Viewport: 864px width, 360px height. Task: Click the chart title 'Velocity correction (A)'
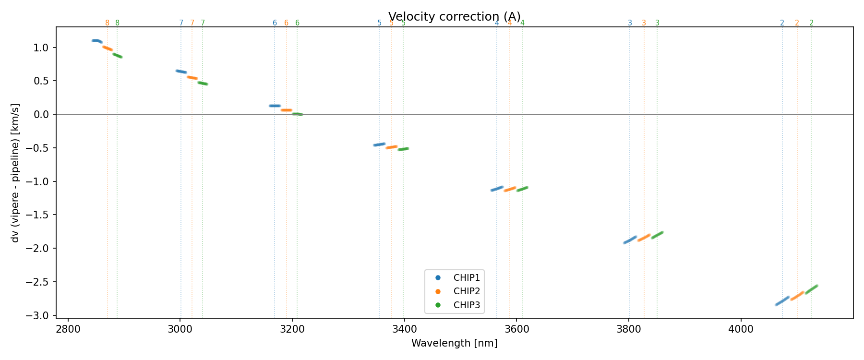pos(454,17)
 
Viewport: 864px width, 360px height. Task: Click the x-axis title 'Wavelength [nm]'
pos(454,343)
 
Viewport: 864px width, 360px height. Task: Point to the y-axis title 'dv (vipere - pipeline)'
pos(15,173)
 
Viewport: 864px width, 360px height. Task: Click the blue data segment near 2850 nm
pos(96,41)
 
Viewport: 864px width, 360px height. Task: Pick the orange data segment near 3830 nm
pos(644,237)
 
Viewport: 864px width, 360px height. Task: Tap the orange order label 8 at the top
pos(107,23)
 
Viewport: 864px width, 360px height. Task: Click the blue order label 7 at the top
pos(181,23)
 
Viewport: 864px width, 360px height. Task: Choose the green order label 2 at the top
pos(811,23)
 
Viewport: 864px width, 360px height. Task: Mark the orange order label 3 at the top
pos(644,23)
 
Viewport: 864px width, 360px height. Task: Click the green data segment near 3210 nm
pos(298,114)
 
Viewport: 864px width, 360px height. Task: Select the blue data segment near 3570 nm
pos(497,189)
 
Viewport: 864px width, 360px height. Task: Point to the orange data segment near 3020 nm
pos(192,77)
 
